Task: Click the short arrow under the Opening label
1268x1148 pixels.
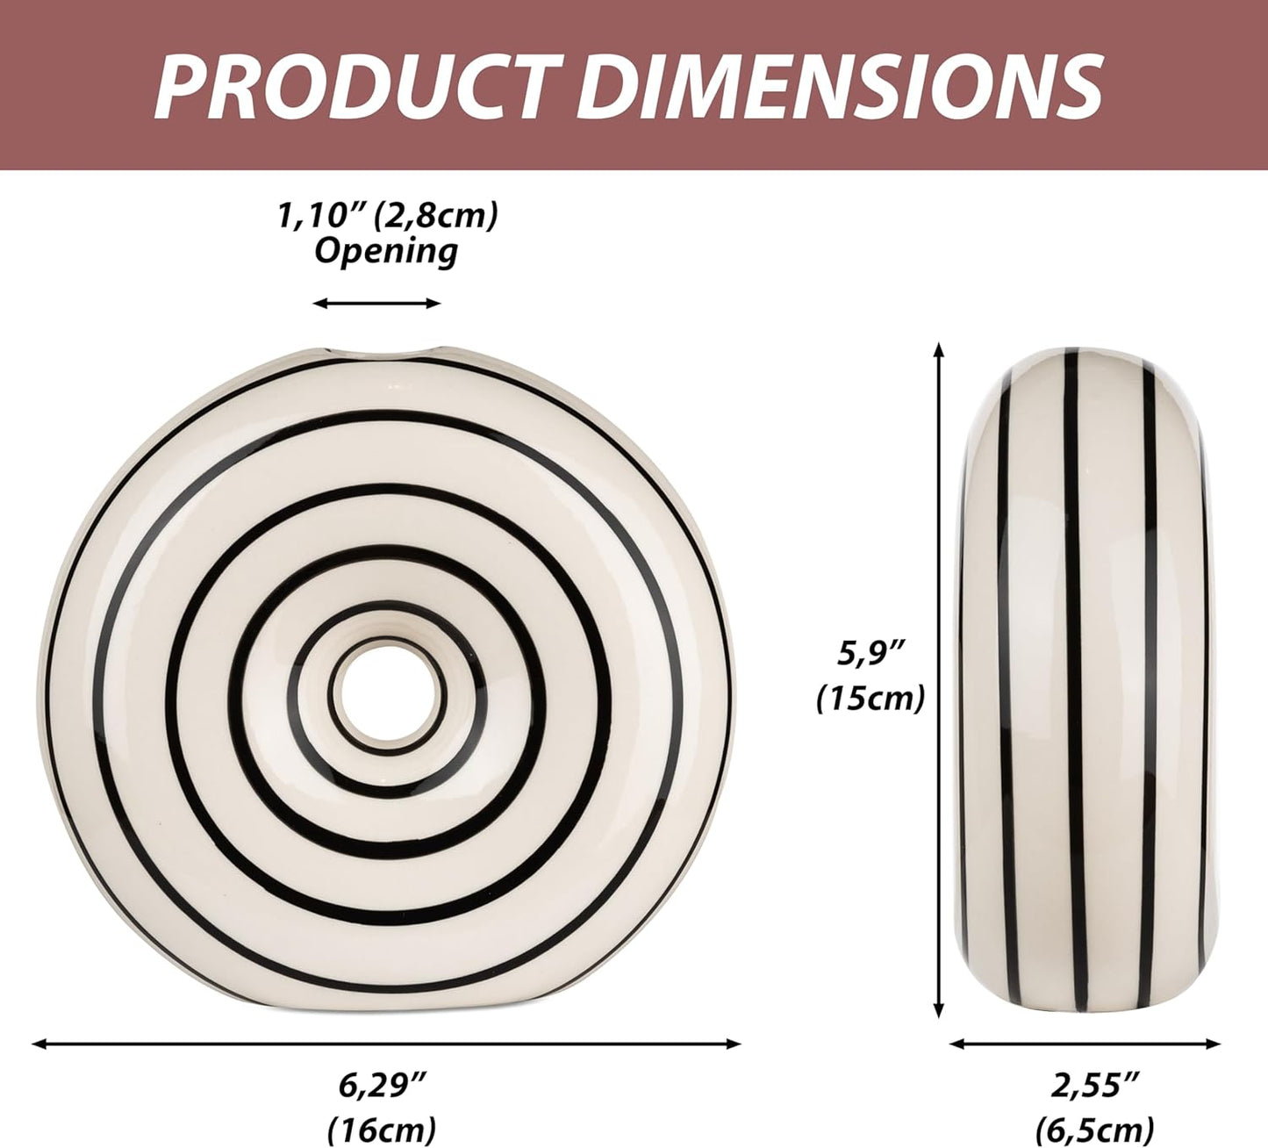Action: click(377, 304)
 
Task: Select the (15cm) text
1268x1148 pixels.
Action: click(871, 699)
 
